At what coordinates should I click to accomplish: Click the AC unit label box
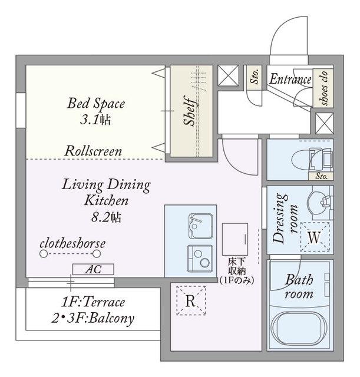click(93, 269)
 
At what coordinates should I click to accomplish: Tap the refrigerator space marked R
click(191, 300)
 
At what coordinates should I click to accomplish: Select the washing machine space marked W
click(315, 237)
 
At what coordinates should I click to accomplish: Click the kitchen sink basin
click(200, 226)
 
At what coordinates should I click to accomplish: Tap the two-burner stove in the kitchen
click(200, 259)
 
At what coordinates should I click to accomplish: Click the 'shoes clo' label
click(323, 88)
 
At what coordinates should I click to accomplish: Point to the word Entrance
click(290, 79)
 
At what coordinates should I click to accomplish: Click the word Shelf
click(190, 111)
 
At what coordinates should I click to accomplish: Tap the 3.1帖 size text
click(95, 120)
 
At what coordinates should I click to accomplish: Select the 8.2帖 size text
click(106, 217)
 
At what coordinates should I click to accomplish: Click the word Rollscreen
click(93, 151)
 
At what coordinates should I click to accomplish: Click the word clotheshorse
click(72, 243)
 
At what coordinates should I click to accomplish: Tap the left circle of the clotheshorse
click(44, 254)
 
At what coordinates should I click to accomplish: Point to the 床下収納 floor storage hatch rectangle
click(235, 239)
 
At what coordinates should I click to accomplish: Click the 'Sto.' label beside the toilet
click(322, 176)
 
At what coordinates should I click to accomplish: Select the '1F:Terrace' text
click(93, 302)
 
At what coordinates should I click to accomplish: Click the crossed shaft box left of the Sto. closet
click(228, 75)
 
